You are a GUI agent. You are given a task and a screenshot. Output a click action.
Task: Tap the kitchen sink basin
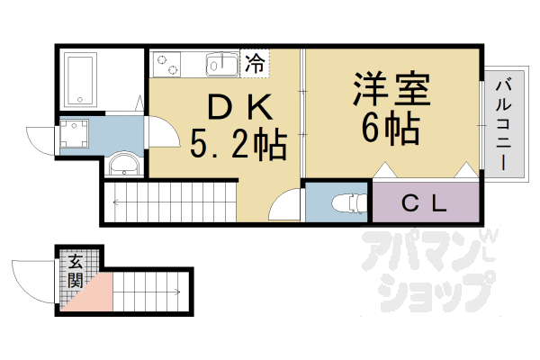220,65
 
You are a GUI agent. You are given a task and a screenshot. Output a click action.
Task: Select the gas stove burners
167,64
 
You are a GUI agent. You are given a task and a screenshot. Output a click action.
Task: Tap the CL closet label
423,202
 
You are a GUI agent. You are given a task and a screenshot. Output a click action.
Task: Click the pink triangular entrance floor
88,298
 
